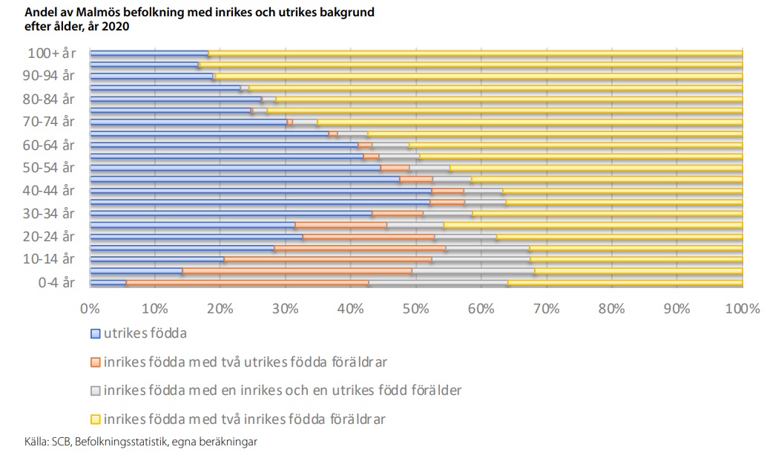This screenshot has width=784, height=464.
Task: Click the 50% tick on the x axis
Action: (415, 308)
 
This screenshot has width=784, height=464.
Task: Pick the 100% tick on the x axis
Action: (743, 308)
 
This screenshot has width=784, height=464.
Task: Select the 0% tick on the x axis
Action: (90, 308)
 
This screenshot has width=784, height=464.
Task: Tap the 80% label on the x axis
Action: (612, 308)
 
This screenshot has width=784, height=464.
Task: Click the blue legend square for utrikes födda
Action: (95, 333)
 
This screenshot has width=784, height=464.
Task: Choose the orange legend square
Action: (95, 362)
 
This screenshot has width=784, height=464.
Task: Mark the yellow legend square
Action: (95, 419)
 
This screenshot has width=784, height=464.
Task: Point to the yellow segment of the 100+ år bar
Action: (475, 53)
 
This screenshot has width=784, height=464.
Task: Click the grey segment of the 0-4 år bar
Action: (438, 283)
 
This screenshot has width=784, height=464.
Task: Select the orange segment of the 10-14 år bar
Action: (326, 260)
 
